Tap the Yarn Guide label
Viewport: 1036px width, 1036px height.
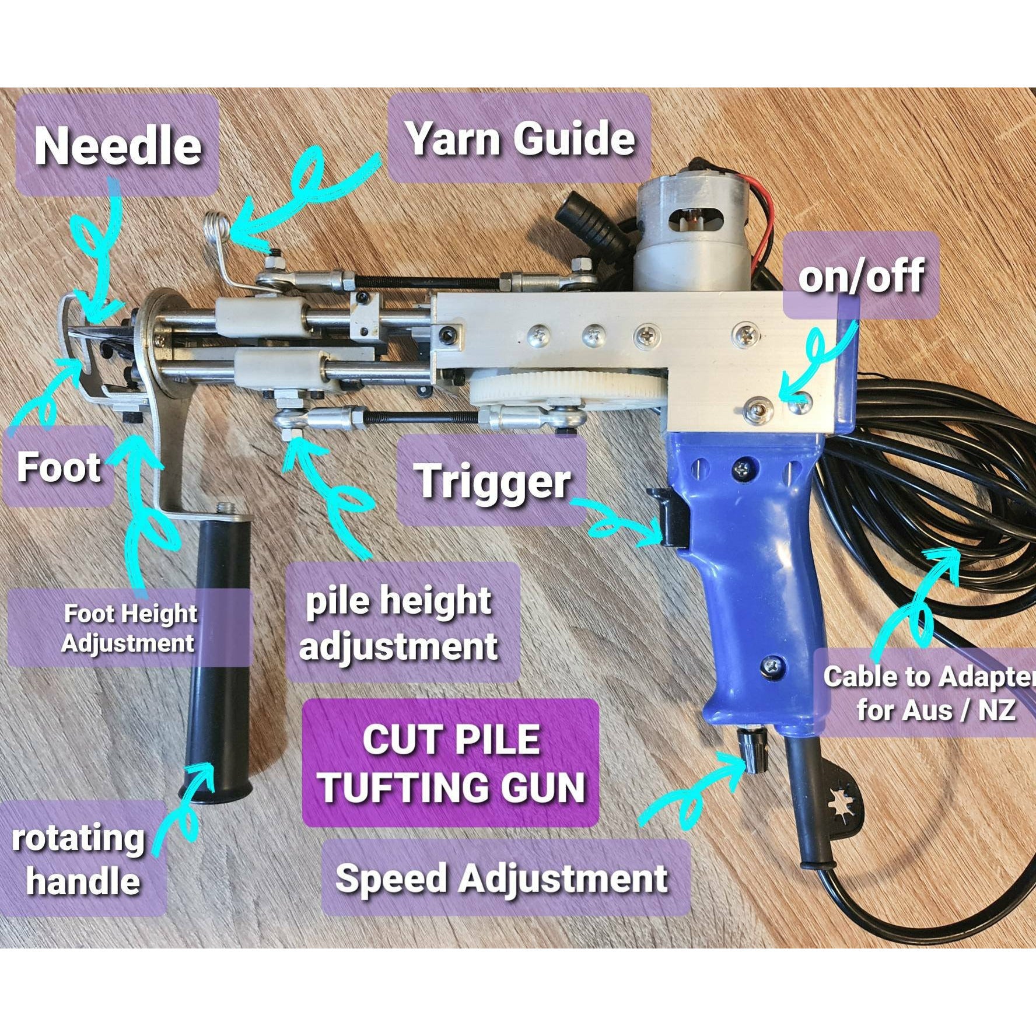(x=520, y=139)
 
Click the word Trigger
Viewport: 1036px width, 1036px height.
(x=493, y=481)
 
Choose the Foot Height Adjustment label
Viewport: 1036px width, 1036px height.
(x=129, y=628)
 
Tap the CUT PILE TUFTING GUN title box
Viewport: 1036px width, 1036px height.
(x=451, y=763)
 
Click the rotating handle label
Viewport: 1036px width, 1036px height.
(x=79, y=859)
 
